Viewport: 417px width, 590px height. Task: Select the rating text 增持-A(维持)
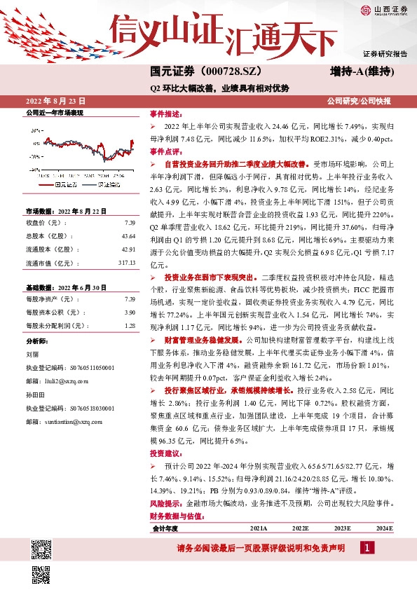click(x=360, y=72)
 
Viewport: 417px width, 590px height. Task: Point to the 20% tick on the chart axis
click(x=35, y=131)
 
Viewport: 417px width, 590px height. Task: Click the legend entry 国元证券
click(x=64, y=184)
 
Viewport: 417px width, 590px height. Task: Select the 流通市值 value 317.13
click(x=125, y=263)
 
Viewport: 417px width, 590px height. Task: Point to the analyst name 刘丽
click(x=32, y=355)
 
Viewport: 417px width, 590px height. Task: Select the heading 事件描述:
click(x=165, y=114)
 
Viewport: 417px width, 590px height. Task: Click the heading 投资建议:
click(x=165, y=453)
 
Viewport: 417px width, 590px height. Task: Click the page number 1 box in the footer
click(x=367, y=547)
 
